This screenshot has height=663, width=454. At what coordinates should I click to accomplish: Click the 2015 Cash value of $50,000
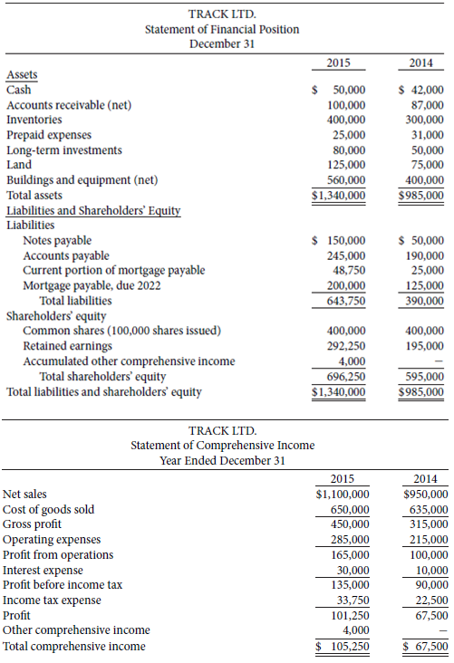339,91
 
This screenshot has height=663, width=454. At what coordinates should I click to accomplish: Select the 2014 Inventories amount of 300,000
424,120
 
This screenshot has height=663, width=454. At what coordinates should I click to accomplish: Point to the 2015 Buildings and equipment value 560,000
345,179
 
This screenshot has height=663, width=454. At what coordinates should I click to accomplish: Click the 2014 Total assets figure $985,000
421,195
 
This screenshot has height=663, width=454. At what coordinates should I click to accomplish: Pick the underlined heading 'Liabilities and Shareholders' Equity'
93,210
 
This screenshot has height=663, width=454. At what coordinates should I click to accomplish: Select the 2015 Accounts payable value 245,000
345,255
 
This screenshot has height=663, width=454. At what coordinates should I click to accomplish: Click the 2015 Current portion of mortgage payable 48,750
348,270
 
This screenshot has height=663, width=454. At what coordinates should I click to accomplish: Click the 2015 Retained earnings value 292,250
345,346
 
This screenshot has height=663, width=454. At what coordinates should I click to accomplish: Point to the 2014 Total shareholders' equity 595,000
424,377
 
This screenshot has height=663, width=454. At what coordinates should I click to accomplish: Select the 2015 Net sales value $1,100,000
341,495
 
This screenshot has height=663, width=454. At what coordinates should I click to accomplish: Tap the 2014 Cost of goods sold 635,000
428,510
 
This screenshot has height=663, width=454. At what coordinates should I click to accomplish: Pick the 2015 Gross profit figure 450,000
349,524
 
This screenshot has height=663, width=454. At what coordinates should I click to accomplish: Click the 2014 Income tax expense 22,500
430,600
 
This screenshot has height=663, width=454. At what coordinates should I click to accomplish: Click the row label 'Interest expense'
43,570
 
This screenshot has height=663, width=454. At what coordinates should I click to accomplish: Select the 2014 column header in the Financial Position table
421,64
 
